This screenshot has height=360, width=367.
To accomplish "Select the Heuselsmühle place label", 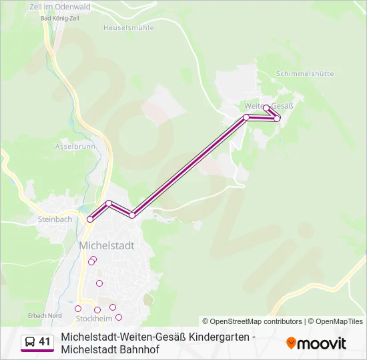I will pos(129,28).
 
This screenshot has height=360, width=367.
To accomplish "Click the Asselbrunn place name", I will pos(75,146).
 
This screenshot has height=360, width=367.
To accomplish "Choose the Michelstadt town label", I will pos(107,245).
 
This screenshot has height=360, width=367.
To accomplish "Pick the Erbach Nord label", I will pos(46,315).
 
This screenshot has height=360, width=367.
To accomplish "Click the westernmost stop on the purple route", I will pos(90,219).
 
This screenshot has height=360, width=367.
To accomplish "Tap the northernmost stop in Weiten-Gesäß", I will pos(266,107).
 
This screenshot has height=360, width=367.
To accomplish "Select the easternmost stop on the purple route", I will pos(277,118).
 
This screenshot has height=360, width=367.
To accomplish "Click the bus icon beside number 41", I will pos(29,342).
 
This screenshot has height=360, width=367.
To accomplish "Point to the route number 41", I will pos(45,342).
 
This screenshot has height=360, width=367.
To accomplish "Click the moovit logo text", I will pos(322,343).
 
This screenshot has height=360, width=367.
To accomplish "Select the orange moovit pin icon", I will pos(291,343).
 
